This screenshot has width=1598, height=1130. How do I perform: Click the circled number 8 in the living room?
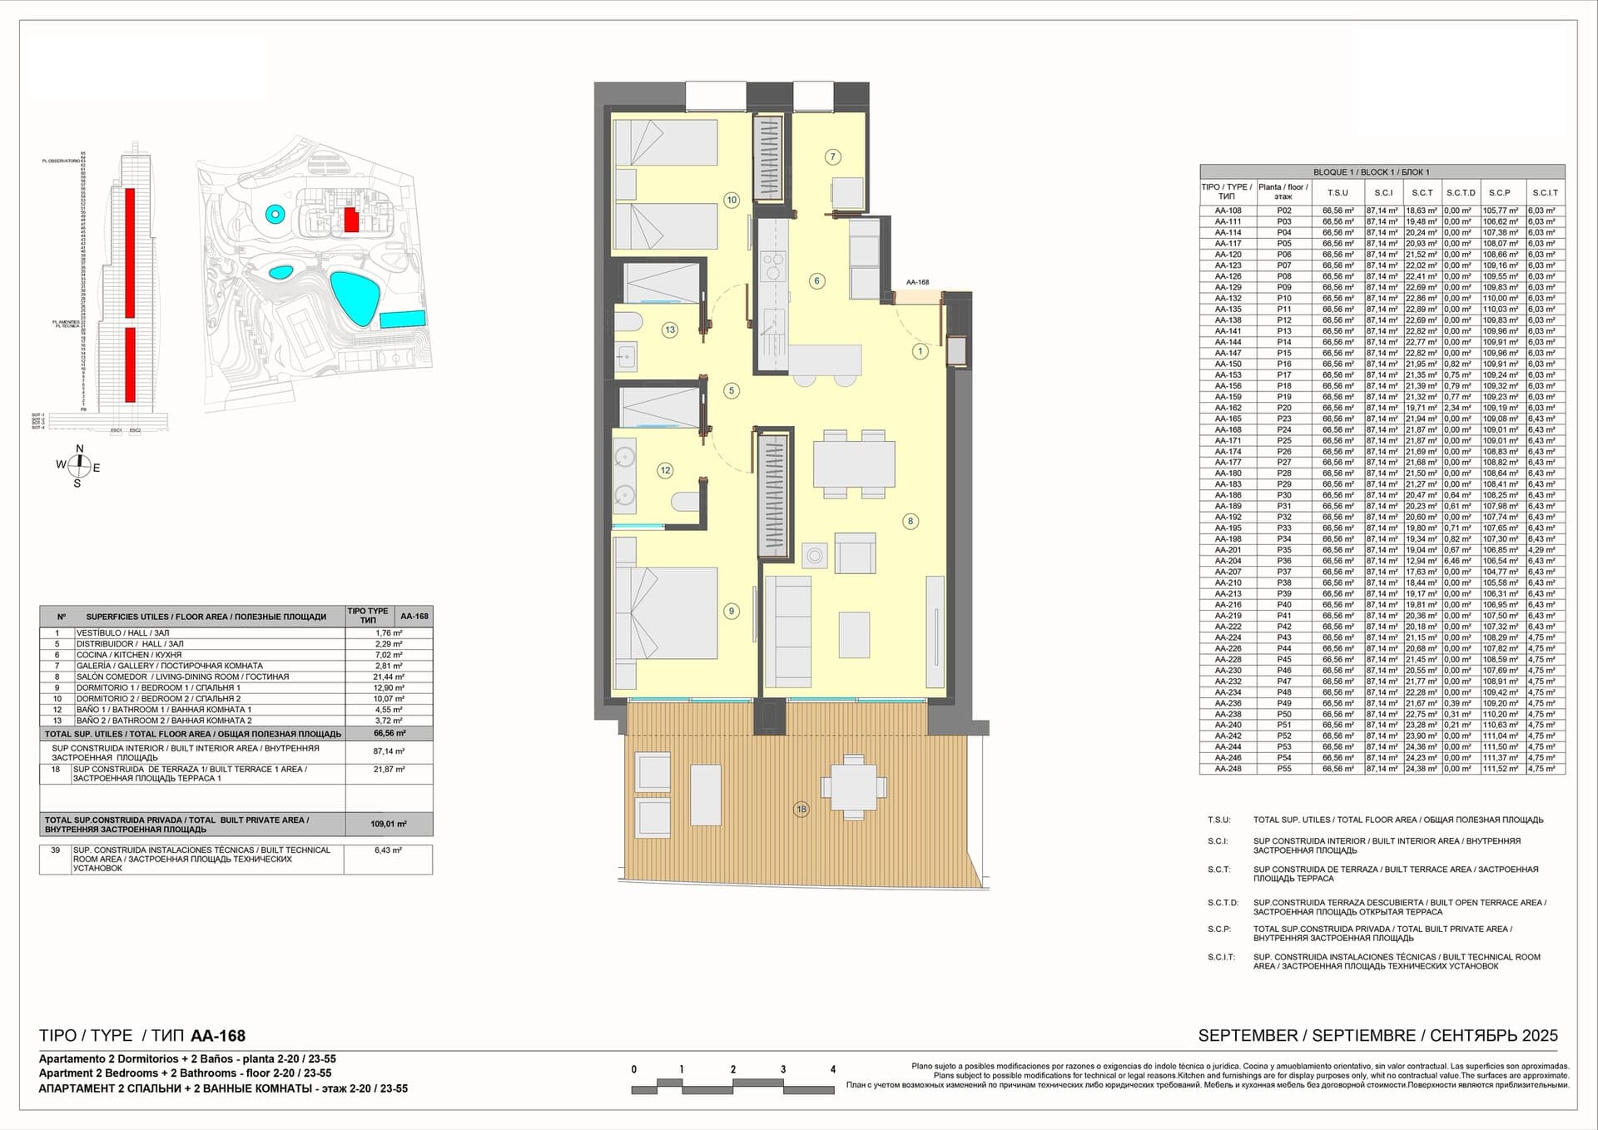tap(911, 521)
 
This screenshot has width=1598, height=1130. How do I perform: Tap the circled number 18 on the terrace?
tap(801, 809)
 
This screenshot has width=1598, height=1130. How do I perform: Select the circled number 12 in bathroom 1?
tap(665, 470)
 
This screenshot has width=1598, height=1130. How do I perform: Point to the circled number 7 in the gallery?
tap(832, 156)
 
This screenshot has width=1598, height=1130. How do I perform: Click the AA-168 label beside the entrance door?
tap(917, 282)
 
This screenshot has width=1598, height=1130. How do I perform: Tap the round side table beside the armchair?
tap(815, 556)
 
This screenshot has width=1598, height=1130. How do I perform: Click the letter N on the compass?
tap(80, 449)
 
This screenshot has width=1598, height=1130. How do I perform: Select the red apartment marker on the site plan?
tap(352, 220)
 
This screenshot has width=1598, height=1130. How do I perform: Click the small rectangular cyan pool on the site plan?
tap(403, 319)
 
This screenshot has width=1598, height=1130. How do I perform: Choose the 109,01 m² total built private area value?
tap(389, 824)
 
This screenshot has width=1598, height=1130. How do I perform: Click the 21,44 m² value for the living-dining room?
tap(389, 677)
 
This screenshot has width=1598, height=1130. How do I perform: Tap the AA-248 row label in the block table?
tap(1228, 769)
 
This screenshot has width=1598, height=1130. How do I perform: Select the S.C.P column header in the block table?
tap(1500, 192)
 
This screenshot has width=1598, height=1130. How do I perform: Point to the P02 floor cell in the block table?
tap(1284, 211)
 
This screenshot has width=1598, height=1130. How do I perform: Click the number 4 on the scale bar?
tap(832, 1069)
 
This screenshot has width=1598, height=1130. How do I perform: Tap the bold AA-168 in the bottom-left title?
tap(218, 1036)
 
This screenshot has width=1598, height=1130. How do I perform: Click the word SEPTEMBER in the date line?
tap(1247, 1036)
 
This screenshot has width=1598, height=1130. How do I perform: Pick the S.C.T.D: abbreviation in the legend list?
tap(1223, 903)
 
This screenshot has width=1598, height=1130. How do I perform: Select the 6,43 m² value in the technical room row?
tap(389, 850)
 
